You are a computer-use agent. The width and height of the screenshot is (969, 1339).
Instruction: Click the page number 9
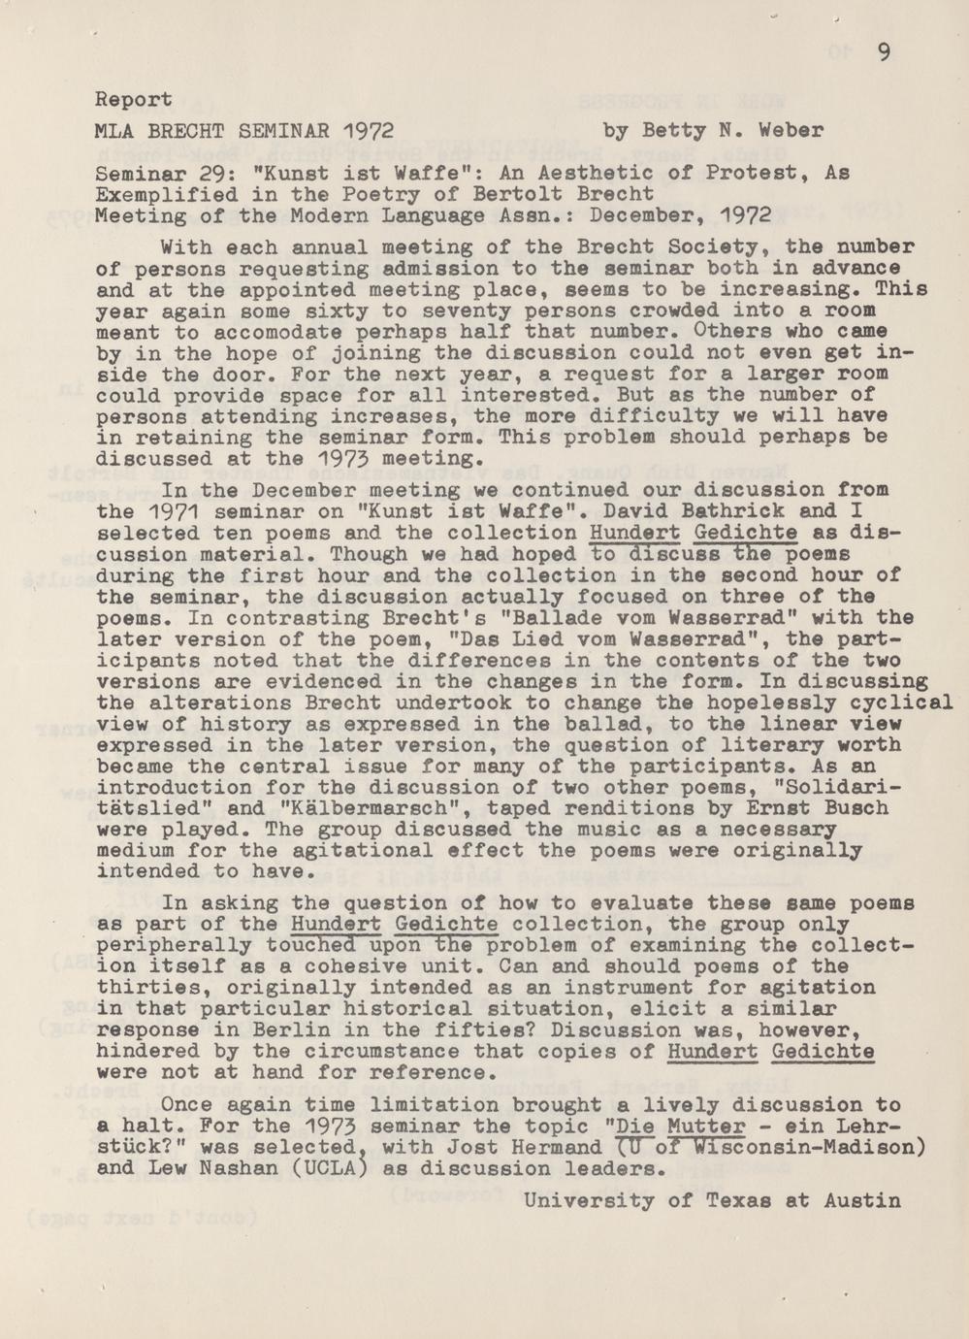[884, 53]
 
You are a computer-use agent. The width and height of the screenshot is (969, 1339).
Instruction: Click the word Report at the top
[134, 99]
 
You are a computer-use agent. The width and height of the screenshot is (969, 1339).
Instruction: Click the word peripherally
[161, 946]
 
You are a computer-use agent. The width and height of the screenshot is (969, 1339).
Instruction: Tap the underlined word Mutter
[706, 1127]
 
